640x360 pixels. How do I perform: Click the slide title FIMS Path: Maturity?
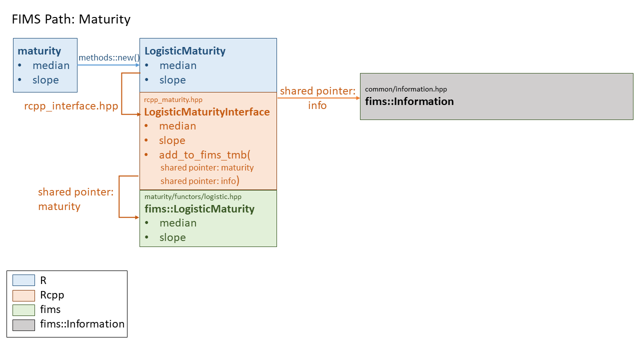(x=70, y=19)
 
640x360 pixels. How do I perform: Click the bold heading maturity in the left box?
(x=39, y=51)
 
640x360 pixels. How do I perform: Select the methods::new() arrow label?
(x=109, y=57)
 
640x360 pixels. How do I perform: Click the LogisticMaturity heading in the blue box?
(x=185, y=51)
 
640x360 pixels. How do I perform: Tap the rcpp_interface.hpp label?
(x=71, y=106)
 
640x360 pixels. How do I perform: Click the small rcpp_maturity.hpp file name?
(x=173, y=99)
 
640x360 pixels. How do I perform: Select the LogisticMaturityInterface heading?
(x=207, y=112)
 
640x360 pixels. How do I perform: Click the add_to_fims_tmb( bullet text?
(x=204, y=155)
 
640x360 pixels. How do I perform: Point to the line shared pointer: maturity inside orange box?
(x=207, y=168)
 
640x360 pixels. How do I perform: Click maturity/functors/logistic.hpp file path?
(x=192, y=196)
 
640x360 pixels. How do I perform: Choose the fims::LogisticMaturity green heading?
(x=199, y=209)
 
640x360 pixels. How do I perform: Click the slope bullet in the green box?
(x=172, y=237)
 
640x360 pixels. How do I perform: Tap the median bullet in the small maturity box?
(x=51, y=65)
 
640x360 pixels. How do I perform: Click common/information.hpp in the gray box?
(x=405, y=89)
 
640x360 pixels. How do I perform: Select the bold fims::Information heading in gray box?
(x=409, y=101)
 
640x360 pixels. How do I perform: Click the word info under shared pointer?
(x=317, y=105)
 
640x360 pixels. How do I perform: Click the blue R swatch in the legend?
(x=23, y=280)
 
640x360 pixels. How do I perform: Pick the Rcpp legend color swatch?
(x=23, y=295)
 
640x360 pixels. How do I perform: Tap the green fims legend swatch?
(x=23, y=309)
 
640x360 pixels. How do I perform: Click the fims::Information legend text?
(x=82, y=324)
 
